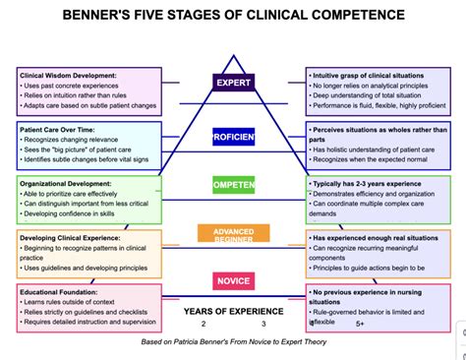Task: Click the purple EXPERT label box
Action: click(233, 83)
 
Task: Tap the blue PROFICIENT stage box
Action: click(233, 137)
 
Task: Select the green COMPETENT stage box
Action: click(233, 184)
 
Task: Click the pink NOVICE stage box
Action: click(233, 282)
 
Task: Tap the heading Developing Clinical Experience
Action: click(70, 236)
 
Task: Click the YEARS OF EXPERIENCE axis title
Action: click(232, 311)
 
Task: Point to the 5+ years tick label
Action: click(360, 324)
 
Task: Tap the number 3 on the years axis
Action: click(263, 324)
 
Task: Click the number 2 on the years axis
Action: click(204, 324)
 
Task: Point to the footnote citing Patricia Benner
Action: click(233, 341)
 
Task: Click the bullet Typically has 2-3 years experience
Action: click(374, 184)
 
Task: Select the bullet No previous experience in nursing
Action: click(374, 292)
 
